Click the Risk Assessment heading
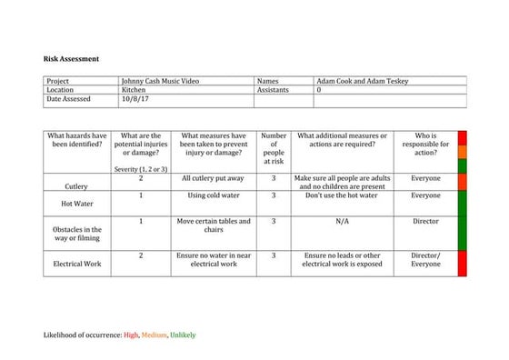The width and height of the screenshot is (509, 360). pos(72,59)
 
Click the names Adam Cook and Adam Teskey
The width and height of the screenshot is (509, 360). pos(363,81)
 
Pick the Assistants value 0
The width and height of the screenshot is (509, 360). pos(318,91)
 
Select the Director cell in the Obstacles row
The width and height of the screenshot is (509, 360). pos(425,221)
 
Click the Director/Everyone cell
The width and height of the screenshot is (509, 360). pos(425,261)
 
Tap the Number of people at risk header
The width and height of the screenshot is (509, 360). pos(274,148)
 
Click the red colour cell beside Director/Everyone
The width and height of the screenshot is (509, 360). pos(462,264)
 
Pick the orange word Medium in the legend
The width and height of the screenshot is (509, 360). pos(154,335)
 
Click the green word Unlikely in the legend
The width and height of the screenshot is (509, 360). pos(183,335)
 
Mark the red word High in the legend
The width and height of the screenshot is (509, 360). pos(131,335)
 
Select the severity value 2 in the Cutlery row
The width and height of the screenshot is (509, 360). pos(141,178)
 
